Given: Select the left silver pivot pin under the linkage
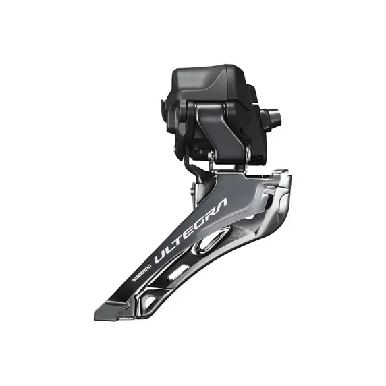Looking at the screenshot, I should click(212, 158).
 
